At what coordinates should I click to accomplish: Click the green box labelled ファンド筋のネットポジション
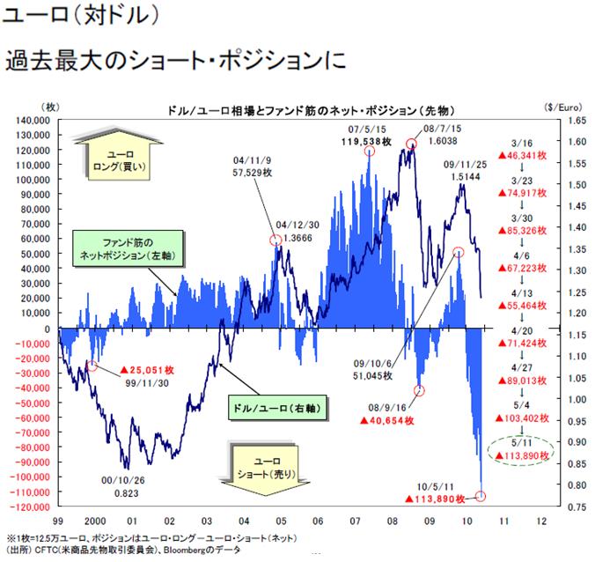127,248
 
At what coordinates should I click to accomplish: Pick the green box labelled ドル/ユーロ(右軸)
278,409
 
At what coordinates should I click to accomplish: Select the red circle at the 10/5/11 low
481,497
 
